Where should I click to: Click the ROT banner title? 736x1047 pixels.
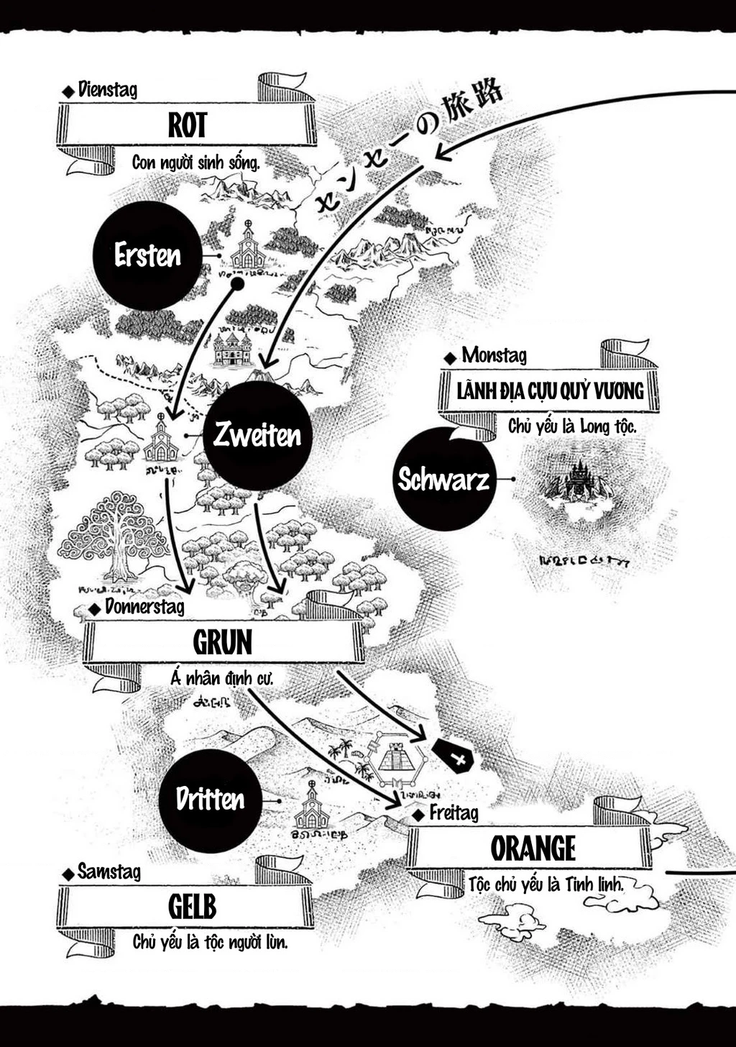pyautogui.click(x=187, y=125)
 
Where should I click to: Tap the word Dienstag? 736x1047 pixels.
pyautogui.click(x=107, y=90)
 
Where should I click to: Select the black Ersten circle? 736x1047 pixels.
pyautogui.click(x=147, y=256)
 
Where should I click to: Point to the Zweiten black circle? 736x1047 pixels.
pyautogui.click(x=257, y=436)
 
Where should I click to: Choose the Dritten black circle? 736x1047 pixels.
pyautogui.click(x=210, y=800)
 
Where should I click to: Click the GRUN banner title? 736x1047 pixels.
pyautogui.click(x=222, y=642)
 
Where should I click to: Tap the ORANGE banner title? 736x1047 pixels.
pyautogui.click(x=533, y=849)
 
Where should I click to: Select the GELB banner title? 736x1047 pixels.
pyautogui.click(x=192, y=907)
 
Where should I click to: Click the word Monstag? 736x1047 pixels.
pyautogui.click(x=494, y=355)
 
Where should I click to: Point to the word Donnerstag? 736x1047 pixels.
pyautogui.click(x=144, y=607)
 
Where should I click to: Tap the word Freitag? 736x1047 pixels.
pyautogui.click(x=454, y=813)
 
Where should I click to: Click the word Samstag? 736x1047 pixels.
pyautogui.click(x=109, y=872)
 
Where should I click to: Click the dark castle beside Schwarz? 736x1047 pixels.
pyautogui.click(x=575, y=480)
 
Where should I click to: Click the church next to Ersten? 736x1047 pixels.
pyautogui.click(x=248, y=249)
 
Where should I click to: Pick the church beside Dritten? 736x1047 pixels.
pyautogui.click(x=312, y=807)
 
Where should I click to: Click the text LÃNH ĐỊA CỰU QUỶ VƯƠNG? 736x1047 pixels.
pyautogui.click(x=550, y=392)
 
